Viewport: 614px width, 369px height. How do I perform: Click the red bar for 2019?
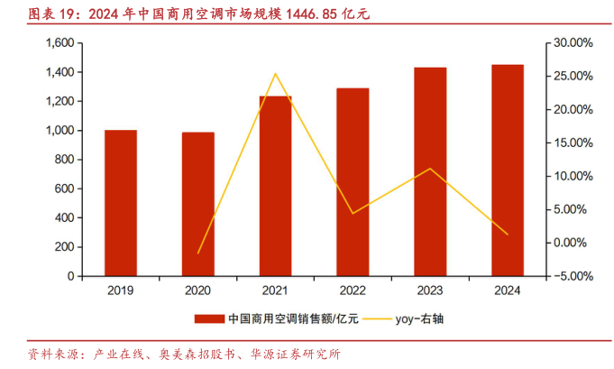tap(121, 202)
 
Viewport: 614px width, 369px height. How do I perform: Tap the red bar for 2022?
tap(353, 180)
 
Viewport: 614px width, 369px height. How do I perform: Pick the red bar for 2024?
tap(508, 170)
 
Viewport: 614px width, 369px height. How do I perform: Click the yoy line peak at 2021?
tap(275, 74)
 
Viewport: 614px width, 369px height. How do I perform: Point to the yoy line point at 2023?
tap(430, 169)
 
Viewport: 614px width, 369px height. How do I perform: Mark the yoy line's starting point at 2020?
tap(198, 253)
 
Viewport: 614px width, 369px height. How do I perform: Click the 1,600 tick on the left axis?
tap(58, 43)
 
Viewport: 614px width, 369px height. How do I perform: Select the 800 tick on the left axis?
tap(63, 159)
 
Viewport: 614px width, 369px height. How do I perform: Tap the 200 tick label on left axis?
tap(63, 246)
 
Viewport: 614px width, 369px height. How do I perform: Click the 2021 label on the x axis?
tap(275, 291)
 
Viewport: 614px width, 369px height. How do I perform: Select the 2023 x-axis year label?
tap(430, 291)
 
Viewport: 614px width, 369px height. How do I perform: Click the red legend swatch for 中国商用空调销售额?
tap(209, 318)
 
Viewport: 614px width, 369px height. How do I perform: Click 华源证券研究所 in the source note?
tap(297, 354)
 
